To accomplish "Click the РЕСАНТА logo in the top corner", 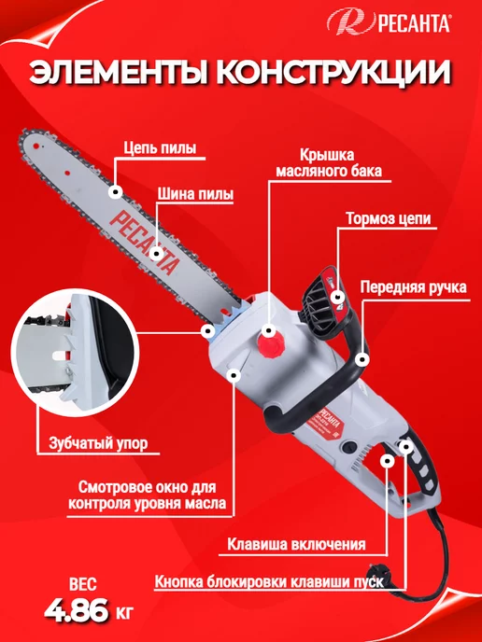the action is click(389, 22).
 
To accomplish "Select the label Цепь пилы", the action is click(160, 147).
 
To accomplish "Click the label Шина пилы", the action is click(195, 194).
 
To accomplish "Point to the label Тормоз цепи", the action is click(389, 218).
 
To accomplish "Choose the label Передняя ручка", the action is click(413, 286).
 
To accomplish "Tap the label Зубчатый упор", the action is click(98, 443).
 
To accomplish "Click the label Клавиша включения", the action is click(296, 545).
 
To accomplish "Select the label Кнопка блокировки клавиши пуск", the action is click(269, 581).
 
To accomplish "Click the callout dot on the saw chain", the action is click(116, 191).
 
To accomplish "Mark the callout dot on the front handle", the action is click(361, 360).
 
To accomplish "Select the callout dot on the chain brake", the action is click(338, 296).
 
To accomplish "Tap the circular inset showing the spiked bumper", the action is click(75, 353).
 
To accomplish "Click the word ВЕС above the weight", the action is click(83, 584).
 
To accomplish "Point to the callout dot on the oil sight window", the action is click(234, 375).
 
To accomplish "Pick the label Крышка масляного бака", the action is click(328, 163).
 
